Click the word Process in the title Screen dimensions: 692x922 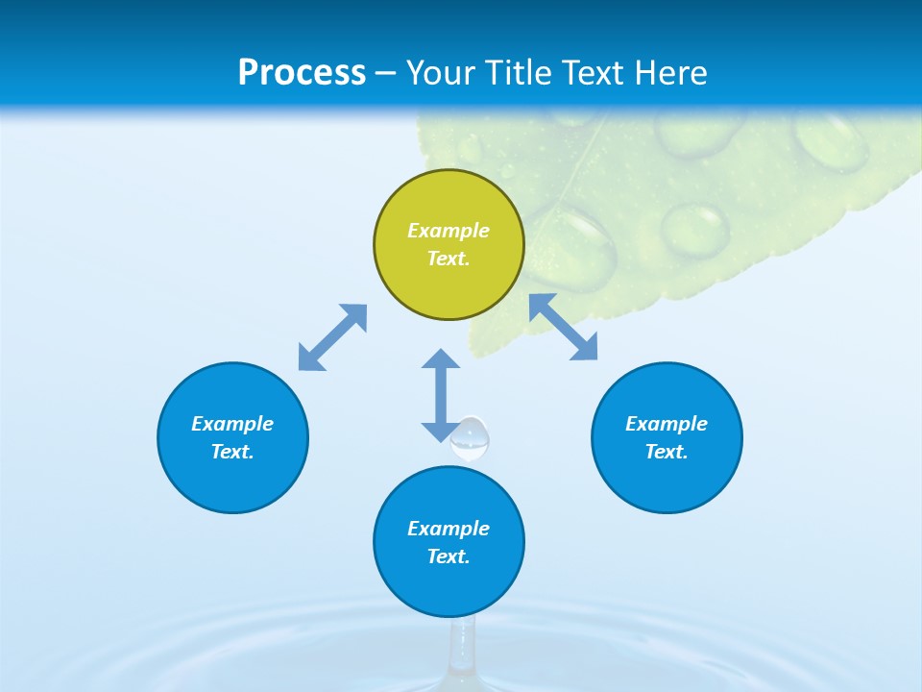point(302,73)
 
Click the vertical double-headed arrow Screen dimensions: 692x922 point(441,395)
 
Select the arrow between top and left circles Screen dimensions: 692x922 point(332,336)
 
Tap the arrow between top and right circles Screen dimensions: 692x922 point(564,327)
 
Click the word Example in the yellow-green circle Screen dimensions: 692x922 point(449,231)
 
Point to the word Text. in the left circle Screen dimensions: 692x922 point(232,452)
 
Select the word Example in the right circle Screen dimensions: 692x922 point(667,424)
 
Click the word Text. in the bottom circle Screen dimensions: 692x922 point(449,556)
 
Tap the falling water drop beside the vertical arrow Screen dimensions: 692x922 point(471,439)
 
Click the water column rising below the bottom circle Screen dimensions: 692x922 point(463,649)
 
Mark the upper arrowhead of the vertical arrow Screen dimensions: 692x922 point(441,359)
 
